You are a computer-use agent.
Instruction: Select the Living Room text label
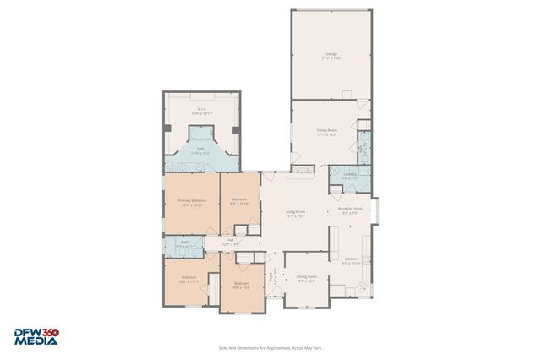click(x=294, y=214)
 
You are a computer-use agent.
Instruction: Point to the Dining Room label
click(x=305, y=279)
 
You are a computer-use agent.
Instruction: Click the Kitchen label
click(x=351, y=261)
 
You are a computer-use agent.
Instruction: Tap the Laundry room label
click(x=349, y=177)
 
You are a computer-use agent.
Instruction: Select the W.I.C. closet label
click(x=201, y=111)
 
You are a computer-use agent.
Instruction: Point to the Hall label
click(x=230, y=242)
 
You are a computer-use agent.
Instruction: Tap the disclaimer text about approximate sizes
click(x=270, y=347)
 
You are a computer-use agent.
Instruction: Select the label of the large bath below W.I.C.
click(x=200, y=151)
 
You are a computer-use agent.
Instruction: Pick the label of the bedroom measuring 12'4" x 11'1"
click(x=189, y=280)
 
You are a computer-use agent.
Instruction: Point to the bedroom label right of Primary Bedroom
click(x=239, y=202)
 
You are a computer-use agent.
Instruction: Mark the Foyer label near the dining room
click(x=272, y=275)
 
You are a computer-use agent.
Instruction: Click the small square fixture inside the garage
click(x=346, y=93)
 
